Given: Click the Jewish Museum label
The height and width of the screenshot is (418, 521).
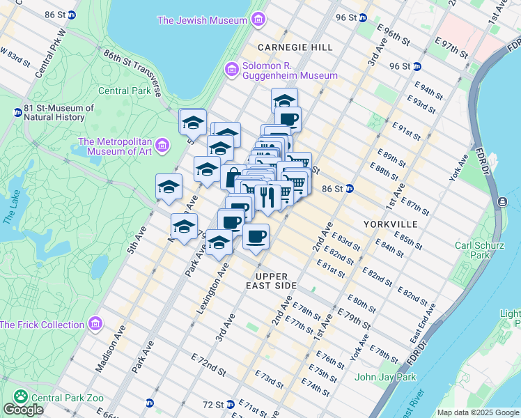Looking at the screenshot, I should click(203, 20).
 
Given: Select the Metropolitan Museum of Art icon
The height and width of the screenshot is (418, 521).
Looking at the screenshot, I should click(162, 146).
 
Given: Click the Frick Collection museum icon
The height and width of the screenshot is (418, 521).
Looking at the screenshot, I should click(95, 325).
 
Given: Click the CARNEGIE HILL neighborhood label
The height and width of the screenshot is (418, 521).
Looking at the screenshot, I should click(295, 47).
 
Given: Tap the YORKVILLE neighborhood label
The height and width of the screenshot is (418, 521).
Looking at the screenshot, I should click(391, 224).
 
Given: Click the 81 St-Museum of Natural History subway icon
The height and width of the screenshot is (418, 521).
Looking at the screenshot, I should click(17, 112).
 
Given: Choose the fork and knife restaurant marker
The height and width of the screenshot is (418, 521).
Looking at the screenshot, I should click(266, 197).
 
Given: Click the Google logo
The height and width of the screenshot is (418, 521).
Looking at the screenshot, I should click(23, 410).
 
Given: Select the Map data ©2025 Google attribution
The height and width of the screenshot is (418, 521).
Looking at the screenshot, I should click(478, 412).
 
